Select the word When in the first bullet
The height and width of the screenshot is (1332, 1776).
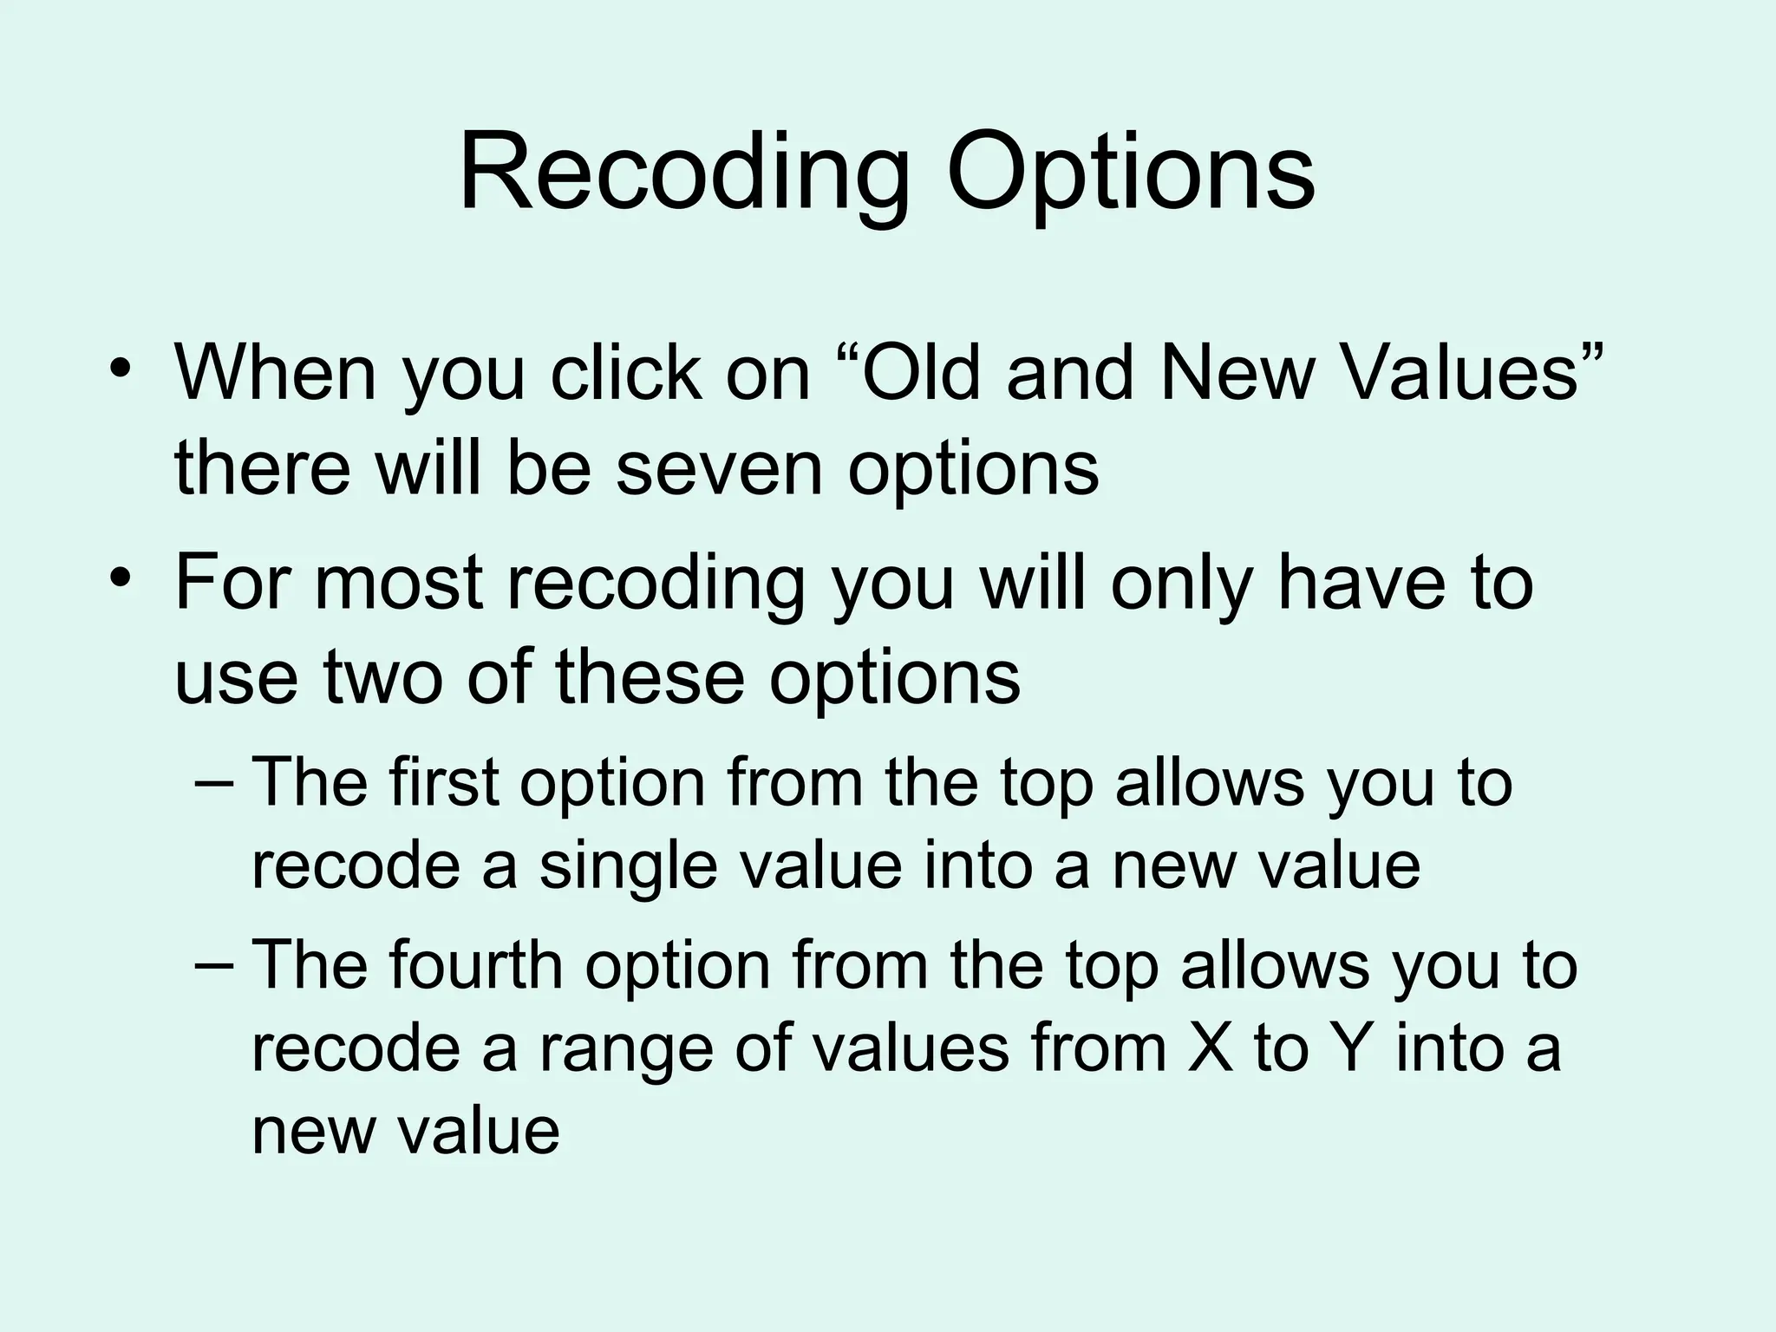[x=276, y=373]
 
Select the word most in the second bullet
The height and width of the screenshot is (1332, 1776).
[x=398, y=583]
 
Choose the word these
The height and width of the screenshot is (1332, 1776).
[x=650, y=676]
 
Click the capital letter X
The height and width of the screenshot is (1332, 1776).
[x=1210, y=1048]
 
